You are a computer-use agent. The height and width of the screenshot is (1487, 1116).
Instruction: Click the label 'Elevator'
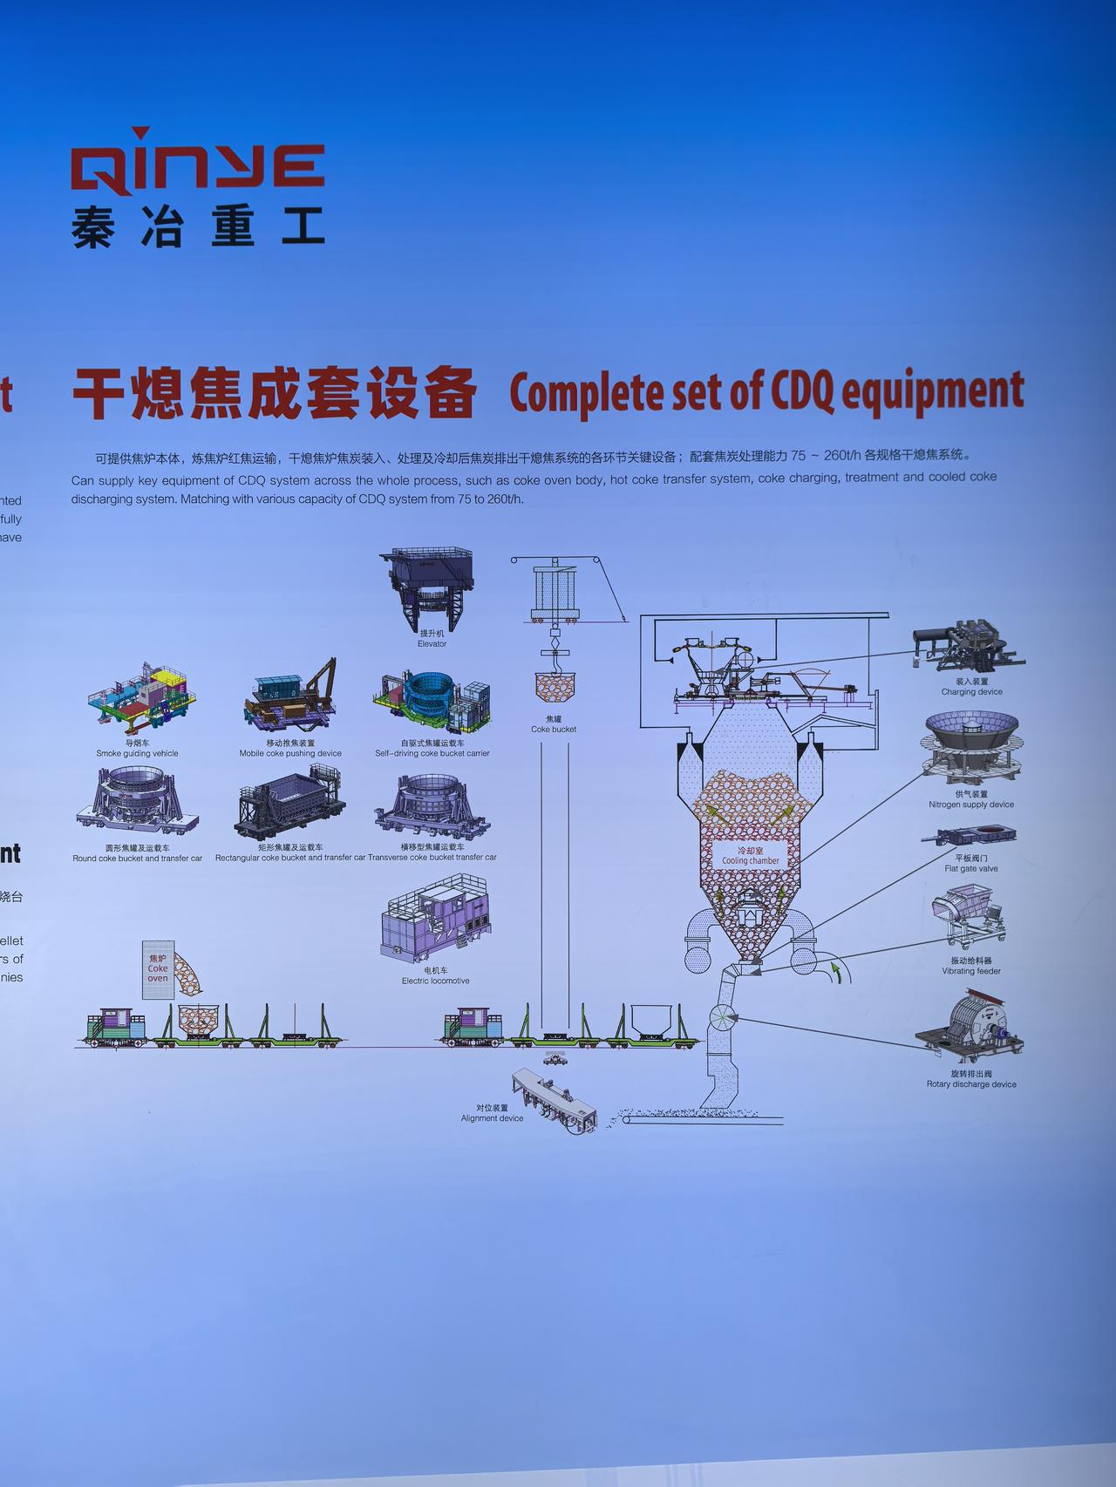click(x=432, y=644)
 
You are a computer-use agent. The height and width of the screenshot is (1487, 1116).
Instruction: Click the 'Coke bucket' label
click(x=554, y=730)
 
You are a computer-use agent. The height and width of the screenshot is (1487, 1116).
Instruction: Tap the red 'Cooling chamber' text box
click(x=750, y=855)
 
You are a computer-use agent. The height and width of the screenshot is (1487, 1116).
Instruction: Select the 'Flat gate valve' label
click(x=971, y=868)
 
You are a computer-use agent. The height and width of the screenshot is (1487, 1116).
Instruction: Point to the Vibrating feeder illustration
click(x=967, y=915)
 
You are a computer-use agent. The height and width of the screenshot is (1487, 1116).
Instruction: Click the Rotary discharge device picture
click(x=969, y=1029)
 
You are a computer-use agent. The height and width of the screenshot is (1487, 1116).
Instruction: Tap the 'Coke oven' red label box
click(x=158, y=968)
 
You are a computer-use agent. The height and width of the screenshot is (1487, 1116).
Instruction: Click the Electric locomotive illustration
click(x=434, y=920)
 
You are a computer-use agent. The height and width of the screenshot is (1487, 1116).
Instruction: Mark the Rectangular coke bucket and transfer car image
click(x=289, y=802)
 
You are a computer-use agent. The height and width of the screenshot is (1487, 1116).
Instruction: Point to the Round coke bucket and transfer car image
click(x=138, y=803)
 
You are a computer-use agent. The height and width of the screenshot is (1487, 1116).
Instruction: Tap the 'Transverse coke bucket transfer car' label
click(x=432, y=857)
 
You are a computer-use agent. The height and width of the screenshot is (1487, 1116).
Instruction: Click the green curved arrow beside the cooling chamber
click(x=838, y=971)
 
